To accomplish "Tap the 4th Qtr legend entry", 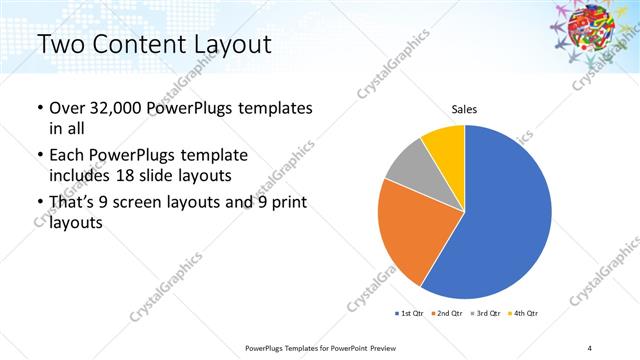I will pos(526,314).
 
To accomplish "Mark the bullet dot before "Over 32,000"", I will pos(38,108).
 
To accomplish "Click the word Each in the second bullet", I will pos(67,156).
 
